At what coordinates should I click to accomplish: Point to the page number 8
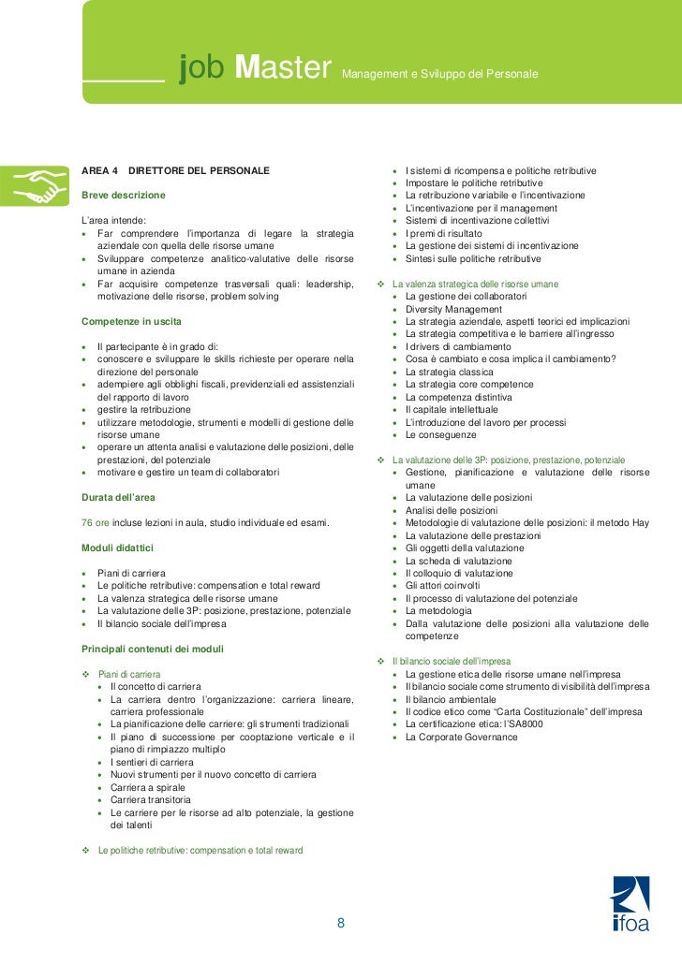coord(341,924)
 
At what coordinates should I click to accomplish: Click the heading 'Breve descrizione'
coord(124,195)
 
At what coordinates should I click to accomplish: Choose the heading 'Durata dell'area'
coord(118,496)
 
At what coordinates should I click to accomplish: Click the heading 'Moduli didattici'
coord(118,547)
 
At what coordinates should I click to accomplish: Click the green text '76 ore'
coord(98,521)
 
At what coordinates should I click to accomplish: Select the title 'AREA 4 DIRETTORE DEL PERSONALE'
coord(176,169)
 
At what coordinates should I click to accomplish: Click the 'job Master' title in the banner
coord(256,67)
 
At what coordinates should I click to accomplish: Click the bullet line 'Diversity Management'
coord(453,309)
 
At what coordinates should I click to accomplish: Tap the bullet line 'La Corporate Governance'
coord(461,738)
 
